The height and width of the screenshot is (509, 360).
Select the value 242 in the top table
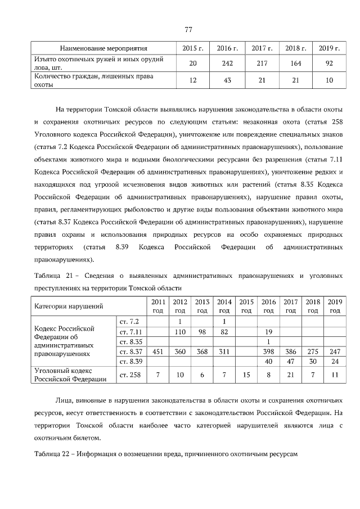click(228, 64)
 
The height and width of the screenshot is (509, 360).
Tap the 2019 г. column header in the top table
click(329, 48)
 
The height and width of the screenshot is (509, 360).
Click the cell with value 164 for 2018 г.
click(295, 64)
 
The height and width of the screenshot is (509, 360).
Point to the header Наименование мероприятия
click(103, 48)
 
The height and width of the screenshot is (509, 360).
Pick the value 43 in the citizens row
click(228, 80)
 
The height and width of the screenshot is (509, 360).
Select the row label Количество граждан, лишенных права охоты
click(94, 80)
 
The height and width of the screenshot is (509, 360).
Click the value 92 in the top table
click(329, 64)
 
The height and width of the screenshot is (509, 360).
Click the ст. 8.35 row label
click(129, 342)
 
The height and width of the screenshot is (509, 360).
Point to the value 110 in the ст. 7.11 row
click(180, 332)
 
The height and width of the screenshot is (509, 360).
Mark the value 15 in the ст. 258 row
click(246, 375)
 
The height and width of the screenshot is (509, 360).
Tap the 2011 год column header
click(158, 307)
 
